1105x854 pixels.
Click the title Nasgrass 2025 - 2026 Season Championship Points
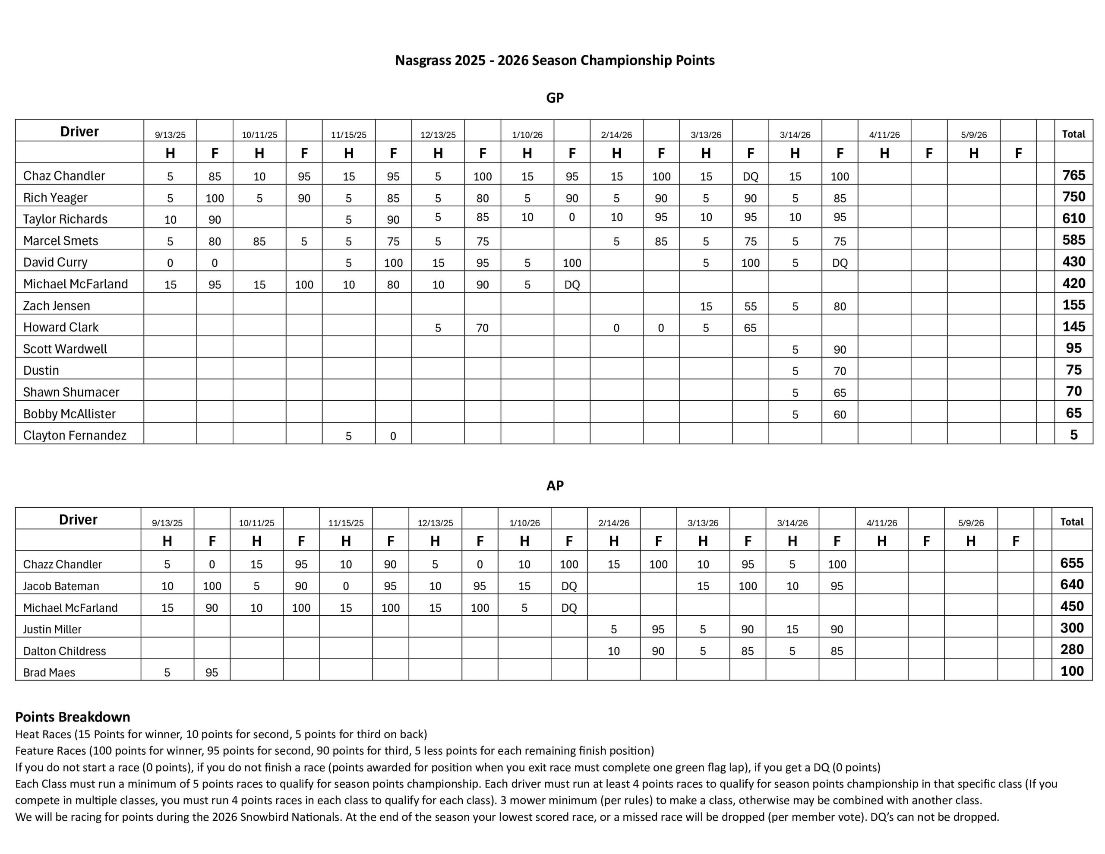[x=555, y=60]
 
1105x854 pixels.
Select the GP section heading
[x=555, y=98]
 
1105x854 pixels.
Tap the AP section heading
[x=555, y=485]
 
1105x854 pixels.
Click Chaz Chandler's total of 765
[x=1073, y=175]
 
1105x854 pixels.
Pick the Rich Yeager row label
[x=55, y=197]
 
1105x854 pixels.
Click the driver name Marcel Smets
[x=61, y=240]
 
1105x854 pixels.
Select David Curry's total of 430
[x=1073, y=262]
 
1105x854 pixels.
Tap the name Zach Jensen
[x=57, y=306]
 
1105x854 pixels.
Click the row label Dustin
[x=41, y=370]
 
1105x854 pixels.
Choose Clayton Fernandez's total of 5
[x=1073, y=435]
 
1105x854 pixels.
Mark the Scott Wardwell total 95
[x=1073, y=348]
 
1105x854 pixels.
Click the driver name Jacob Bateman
[x=61, y=586]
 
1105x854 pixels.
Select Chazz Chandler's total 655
[x=1072, y=563]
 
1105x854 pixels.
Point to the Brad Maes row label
[x=49, y=673]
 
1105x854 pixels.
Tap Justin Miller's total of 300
[x=1072, y=628]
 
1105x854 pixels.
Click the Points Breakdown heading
[x=73, y=717]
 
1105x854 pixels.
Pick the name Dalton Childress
[x=64, y=651]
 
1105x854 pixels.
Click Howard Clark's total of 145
[x=1073, y=326]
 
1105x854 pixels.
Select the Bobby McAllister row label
[x=69, y=414]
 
